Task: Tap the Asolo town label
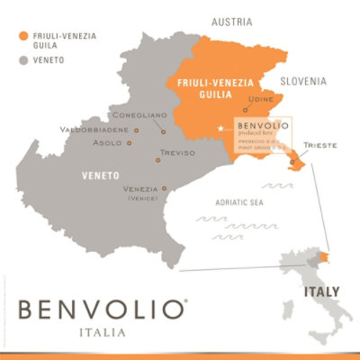pos(109,142)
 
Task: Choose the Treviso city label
pos(176,153)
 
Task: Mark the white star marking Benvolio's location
pos(221,130)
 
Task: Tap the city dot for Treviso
pos(157,160)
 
